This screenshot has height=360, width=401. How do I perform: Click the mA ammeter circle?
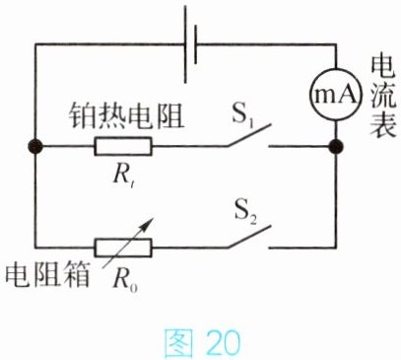point(336,95)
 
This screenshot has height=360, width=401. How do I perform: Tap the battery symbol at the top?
point(190,44)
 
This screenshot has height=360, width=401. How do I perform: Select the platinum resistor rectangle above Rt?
point(123,146)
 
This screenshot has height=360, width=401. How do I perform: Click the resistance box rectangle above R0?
point(123,248)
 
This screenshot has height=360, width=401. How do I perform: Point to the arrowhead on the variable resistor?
point(149,222)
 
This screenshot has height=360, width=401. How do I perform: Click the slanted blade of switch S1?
point(249,135)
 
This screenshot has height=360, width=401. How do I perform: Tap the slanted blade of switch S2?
point(249,237)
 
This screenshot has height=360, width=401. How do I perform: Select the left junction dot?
point(35,146)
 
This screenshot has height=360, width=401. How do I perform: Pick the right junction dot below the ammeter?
point(336,146)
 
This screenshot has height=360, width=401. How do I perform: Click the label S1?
point(243,115)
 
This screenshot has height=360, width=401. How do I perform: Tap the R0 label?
point(125,280)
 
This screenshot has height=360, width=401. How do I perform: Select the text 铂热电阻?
point(126,116)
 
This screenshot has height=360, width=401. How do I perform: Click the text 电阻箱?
point(48,275)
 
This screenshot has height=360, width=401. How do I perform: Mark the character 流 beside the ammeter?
point(383,96)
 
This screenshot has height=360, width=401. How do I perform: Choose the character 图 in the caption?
point(178,343)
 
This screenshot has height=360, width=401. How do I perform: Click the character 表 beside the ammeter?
point(383,124)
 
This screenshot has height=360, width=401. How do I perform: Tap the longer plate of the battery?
point(185,44)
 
